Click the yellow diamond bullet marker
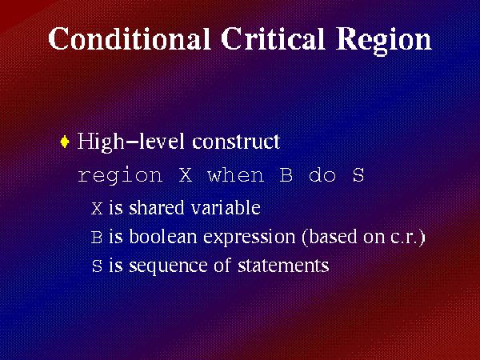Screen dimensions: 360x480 click(x=66, y=142)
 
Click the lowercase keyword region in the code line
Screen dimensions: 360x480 click(x=120, y=176)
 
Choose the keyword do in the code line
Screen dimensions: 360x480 click(x=322, y=175)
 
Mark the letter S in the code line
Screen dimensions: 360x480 click(x=358, y=175)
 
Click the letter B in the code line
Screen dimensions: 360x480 click(x=286, y=175)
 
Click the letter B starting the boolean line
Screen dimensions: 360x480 click(x=97, y=238)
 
